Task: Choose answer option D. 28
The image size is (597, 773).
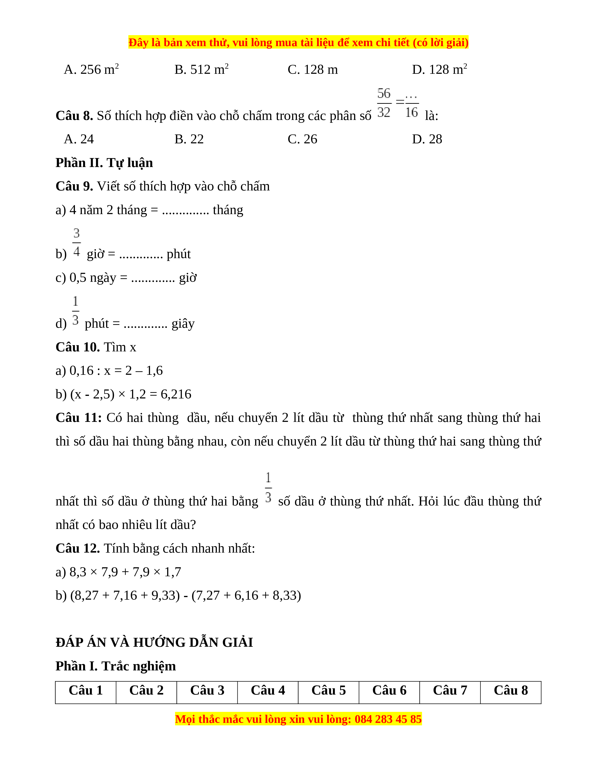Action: [427, 139]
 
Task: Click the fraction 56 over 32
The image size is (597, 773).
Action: [384, 103]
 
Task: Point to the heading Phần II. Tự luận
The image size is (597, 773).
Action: [104, 163]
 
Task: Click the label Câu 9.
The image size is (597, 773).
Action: [74, 186]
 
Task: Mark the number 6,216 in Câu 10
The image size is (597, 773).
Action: [176, 394]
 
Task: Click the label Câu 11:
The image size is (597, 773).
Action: [78, 418]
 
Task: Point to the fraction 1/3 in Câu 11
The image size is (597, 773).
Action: [269, 488]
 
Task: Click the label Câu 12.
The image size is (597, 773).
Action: [78, 548]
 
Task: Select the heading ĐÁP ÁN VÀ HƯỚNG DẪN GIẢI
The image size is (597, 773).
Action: [154, 642]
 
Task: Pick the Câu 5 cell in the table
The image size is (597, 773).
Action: [328, 691]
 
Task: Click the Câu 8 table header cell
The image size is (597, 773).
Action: [511, 691]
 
